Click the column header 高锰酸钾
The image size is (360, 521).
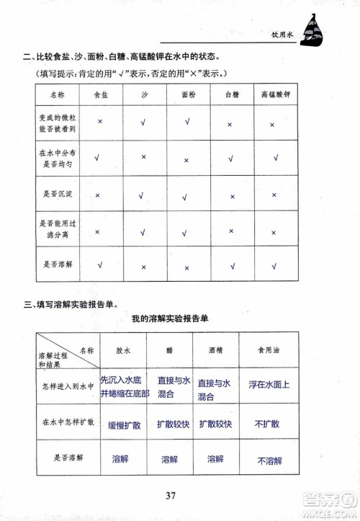(273, 94)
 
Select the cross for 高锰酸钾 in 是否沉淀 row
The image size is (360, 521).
(273, 195)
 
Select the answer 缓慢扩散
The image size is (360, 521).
(124, 424)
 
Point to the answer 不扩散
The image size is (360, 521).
(268, 424)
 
